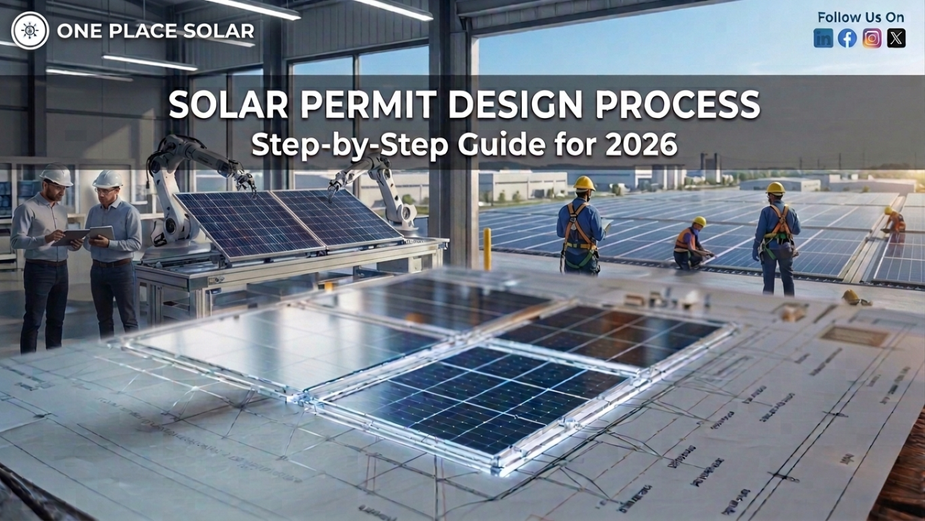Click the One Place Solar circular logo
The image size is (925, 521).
(x=30, y=30)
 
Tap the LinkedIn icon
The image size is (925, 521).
(x=823, y=38)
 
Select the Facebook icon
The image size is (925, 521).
(x=847, y=38)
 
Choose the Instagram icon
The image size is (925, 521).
(x=872, y=38)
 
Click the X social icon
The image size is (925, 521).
(x=896, y=38)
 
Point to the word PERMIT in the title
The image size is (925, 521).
(x=340, y=106)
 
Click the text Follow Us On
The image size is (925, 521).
(x=860, y=17)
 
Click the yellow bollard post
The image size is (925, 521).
(x=487, y=248)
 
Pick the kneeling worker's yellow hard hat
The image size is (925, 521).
(x=699, y=222)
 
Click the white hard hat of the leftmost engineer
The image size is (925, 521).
(x=56, y=175)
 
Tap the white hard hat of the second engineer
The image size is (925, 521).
(x=108, y=178)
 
